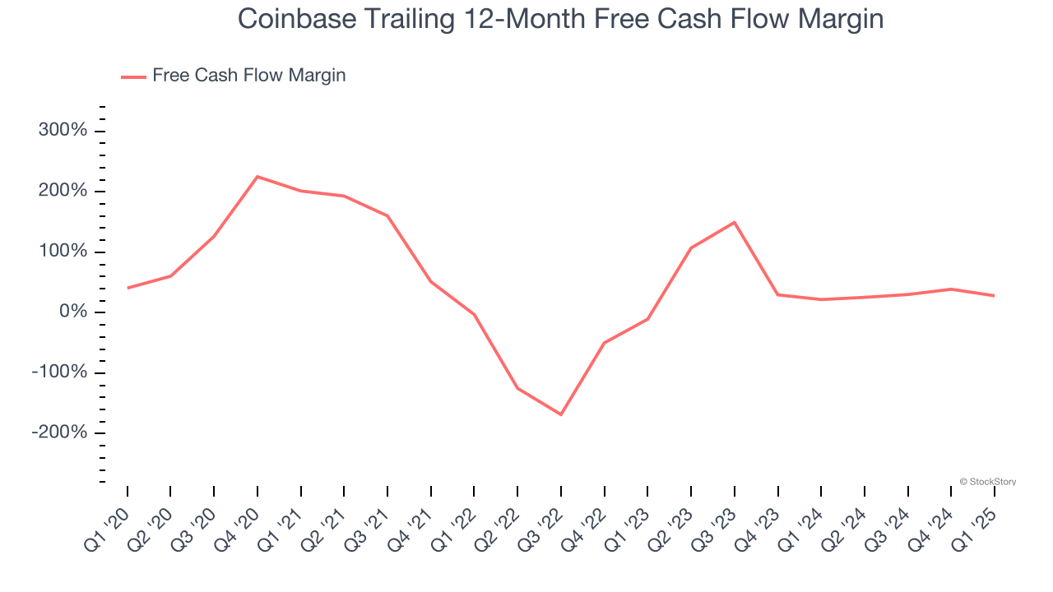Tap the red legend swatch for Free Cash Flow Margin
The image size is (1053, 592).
133,76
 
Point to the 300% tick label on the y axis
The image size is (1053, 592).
62,131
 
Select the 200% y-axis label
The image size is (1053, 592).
62,191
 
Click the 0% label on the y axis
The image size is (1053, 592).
72,312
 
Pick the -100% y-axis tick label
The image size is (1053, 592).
59,372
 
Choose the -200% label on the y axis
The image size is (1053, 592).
59,432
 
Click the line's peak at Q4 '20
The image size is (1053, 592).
257,177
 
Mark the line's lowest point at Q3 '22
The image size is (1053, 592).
561,414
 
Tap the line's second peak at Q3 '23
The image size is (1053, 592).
734,222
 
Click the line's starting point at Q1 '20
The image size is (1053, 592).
128,288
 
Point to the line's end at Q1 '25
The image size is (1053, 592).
994,295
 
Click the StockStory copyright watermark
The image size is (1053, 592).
987,482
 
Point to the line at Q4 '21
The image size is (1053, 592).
431,281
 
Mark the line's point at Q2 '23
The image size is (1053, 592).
691,247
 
